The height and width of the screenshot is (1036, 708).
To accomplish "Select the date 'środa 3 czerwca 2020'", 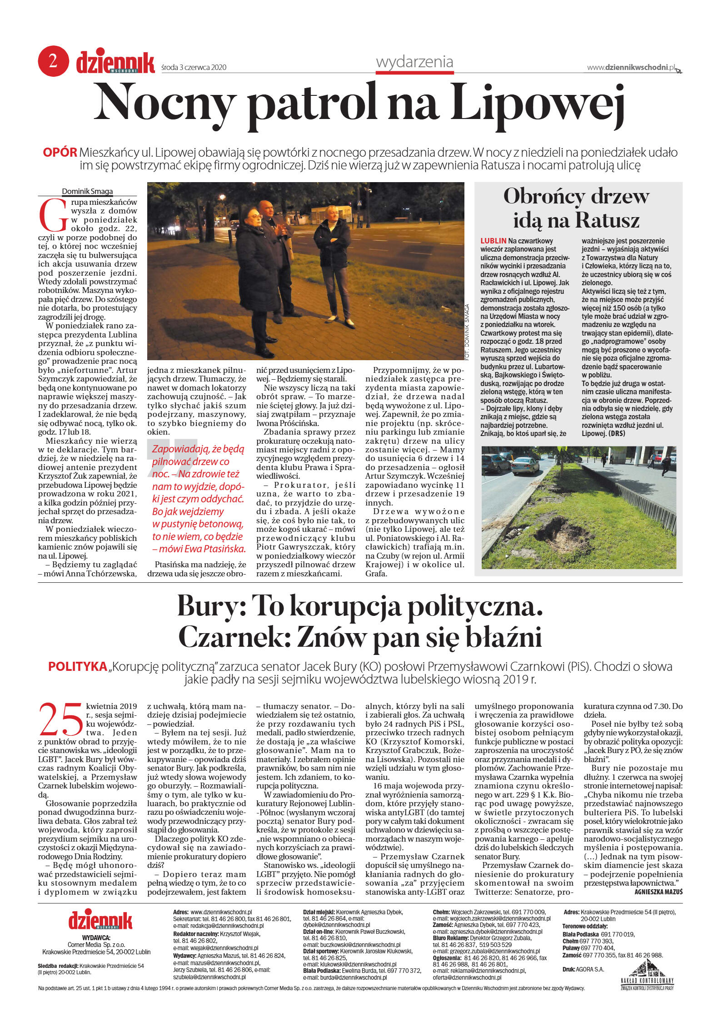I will coord(194,68).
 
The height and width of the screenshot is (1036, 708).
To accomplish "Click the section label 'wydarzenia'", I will coord(414,62).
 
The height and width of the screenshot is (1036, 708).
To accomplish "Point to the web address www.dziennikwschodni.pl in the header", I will coord(631,67).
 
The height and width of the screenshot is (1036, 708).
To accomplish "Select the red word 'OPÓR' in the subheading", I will coord(60,152).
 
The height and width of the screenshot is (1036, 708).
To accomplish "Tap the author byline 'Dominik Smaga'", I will coord(87,191).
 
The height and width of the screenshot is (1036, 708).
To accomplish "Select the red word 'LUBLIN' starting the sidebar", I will coord(493,241).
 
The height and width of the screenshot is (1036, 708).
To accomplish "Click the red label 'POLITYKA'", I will coord(77,666).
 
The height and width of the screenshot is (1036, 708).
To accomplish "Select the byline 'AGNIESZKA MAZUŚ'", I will coord(658,892).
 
